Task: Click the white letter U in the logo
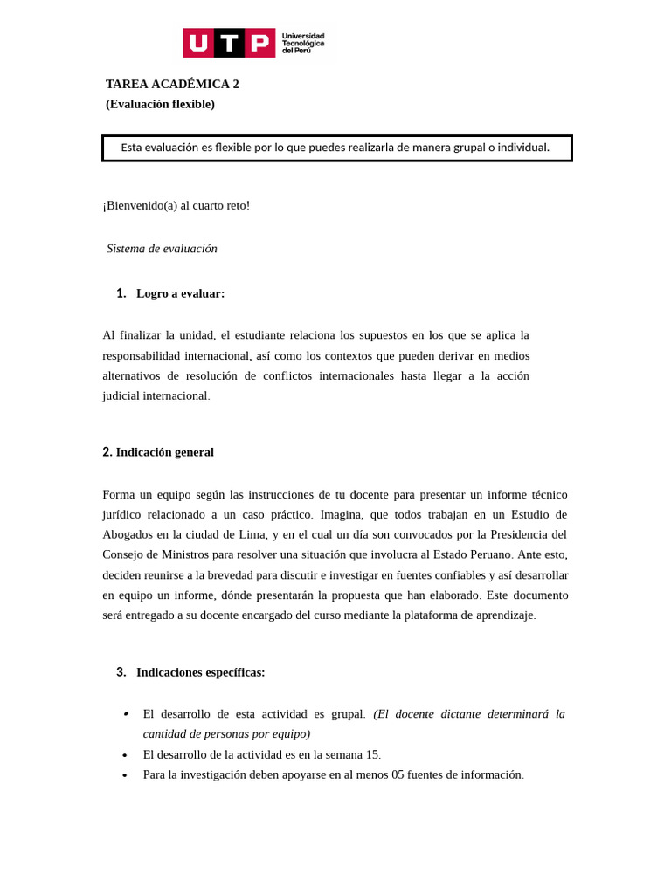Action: pos(198,43)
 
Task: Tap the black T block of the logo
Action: pos(229,43)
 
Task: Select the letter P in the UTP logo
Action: pos(259,43)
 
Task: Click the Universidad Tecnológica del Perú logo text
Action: pos(302,43)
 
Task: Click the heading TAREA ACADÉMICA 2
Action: pos(172,84)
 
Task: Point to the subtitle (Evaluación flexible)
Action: pos(160,104)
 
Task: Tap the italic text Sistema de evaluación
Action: pos(162,249)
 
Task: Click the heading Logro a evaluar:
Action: pos(180,293)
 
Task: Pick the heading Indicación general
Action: pos(164,452)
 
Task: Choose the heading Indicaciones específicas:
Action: pos(200,672)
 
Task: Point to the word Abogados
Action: pos(127,534)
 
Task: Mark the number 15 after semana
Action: pos(371,754)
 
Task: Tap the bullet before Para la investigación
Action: pos(125,775)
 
